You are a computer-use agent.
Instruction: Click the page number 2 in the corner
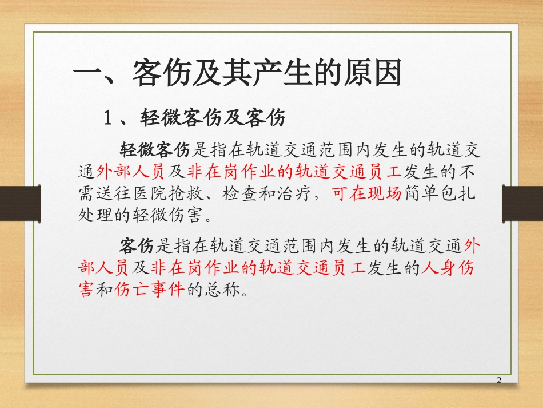coord(500,381)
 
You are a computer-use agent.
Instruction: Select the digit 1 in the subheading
coord(107,118)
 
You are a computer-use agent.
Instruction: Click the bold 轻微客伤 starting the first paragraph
coord(154,150)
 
